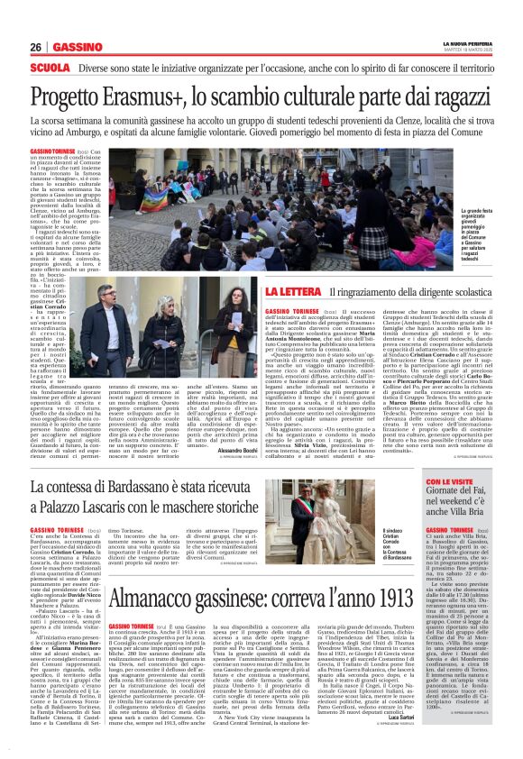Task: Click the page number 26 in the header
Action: (x=35, y=47)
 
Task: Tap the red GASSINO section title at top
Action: (x=77, y=47)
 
